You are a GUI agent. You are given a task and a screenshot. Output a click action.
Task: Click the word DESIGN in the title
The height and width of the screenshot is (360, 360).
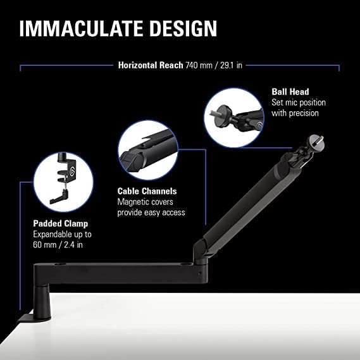click(186, 29)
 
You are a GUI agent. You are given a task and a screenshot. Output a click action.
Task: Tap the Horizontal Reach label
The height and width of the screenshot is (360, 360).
click(151, 65)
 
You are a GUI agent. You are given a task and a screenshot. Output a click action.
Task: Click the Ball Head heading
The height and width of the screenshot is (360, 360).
click(289, 91)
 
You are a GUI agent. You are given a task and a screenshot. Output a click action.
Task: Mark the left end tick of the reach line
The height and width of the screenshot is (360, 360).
click(21, 66)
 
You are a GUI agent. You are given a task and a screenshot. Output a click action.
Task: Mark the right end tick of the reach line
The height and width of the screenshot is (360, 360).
click(339, 66)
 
